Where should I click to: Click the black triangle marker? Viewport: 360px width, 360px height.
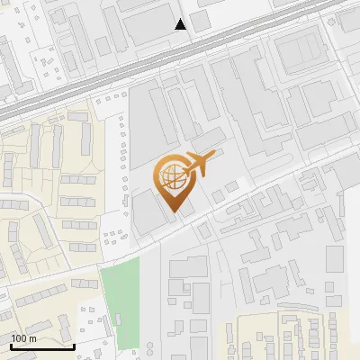tap(181, 24)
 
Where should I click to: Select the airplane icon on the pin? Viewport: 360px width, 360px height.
tap(200, 165)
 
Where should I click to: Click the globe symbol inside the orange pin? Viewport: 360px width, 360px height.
tap(173, 176)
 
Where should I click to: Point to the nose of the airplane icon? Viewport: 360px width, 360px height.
tap(214, 157)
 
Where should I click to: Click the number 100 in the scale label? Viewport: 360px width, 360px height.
tap(20, 338)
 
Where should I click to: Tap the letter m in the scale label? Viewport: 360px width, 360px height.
tap(33, 338)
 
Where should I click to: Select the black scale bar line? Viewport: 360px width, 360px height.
tap(42, 346)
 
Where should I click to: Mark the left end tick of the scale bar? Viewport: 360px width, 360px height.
tap(11, 345)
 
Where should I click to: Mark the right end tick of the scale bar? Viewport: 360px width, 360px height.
tap(74, 345)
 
